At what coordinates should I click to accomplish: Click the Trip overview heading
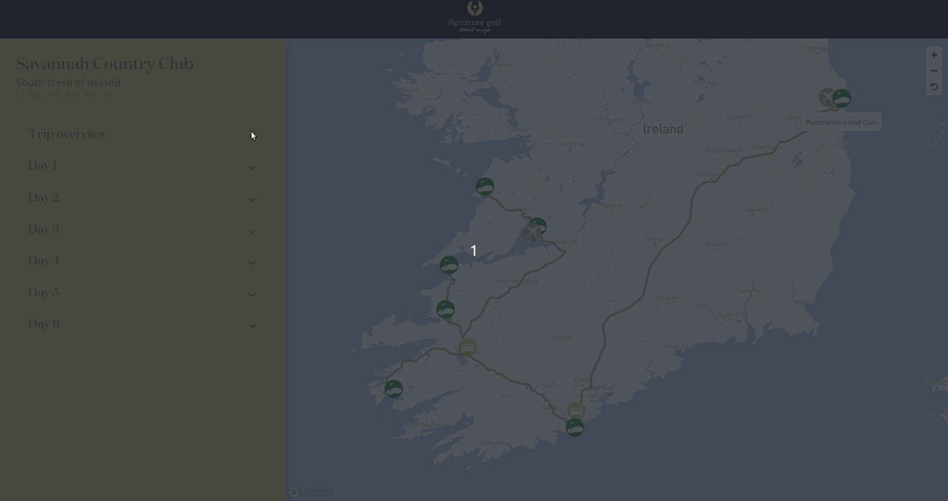[x=67, y=134]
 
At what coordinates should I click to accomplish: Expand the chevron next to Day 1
[x=252, y=168]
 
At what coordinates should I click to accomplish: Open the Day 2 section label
[x=44, y=197]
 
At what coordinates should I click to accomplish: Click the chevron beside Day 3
[x=252, y=231]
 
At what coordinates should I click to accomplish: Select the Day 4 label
[x=44, y=261]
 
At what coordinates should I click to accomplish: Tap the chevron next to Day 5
[x=252, y=294]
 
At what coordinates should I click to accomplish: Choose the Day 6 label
[x=44, y=324]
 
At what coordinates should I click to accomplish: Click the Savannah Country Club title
[x=105, y=64]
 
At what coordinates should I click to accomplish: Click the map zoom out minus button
[x=934, y=71]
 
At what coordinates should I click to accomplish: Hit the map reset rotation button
[x=934, y=87]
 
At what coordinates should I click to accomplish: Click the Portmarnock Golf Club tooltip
[x=841, y=122]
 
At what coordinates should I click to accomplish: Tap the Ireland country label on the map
[x=663, y=129]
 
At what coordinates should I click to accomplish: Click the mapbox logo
[x=310, y=492]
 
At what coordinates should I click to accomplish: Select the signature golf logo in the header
[x=474, y=17]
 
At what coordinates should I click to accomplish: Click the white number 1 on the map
[x=473, y=251]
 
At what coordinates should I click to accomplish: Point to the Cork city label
[x=582, y=380]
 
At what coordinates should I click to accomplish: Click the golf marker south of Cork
[x=574, y=427]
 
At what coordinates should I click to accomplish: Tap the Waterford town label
[x=732, y=314]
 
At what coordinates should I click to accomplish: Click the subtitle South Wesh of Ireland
[x=68, y=83]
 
